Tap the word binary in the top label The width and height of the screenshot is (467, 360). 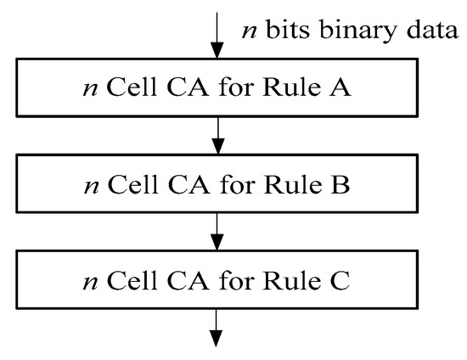[351, 32]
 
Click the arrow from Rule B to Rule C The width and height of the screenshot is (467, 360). [218, 228]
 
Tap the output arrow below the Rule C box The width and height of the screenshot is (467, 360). [218, 325]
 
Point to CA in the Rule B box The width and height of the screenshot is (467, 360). [194, 183]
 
